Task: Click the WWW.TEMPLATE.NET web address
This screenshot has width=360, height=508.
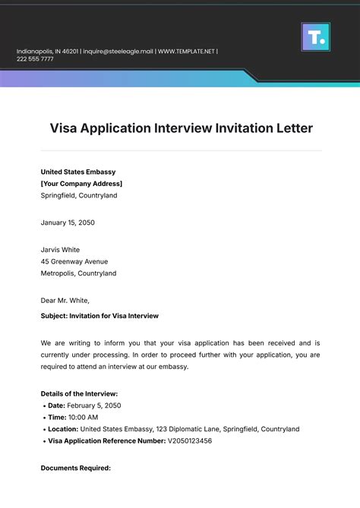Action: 185,52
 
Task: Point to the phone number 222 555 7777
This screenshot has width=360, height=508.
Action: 35,59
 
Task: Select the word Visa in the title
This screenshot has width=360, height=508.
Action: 66,128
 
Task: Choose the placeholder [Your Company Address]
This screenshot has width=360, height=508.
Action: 81,184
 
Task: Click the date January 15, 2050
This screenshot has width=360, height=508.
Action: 68,222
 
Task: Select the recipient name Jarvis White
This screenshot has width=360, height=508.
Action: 60,250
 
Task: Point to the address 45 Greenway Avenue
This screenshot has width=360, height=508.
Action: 74,262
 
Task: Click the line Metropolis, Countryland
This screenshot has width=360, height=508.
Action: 78,273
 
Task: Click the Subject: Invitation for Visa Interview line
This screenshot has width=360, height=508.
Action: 99,315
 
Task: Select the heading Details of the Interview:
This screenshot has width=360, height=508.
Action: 79,394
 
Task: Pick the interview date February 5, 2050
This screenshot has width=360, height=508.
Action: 94,406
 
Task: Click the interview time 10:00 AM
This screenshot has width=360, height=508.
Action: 83,418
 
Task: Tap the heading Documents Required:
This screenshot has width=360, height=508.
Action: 75,468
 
